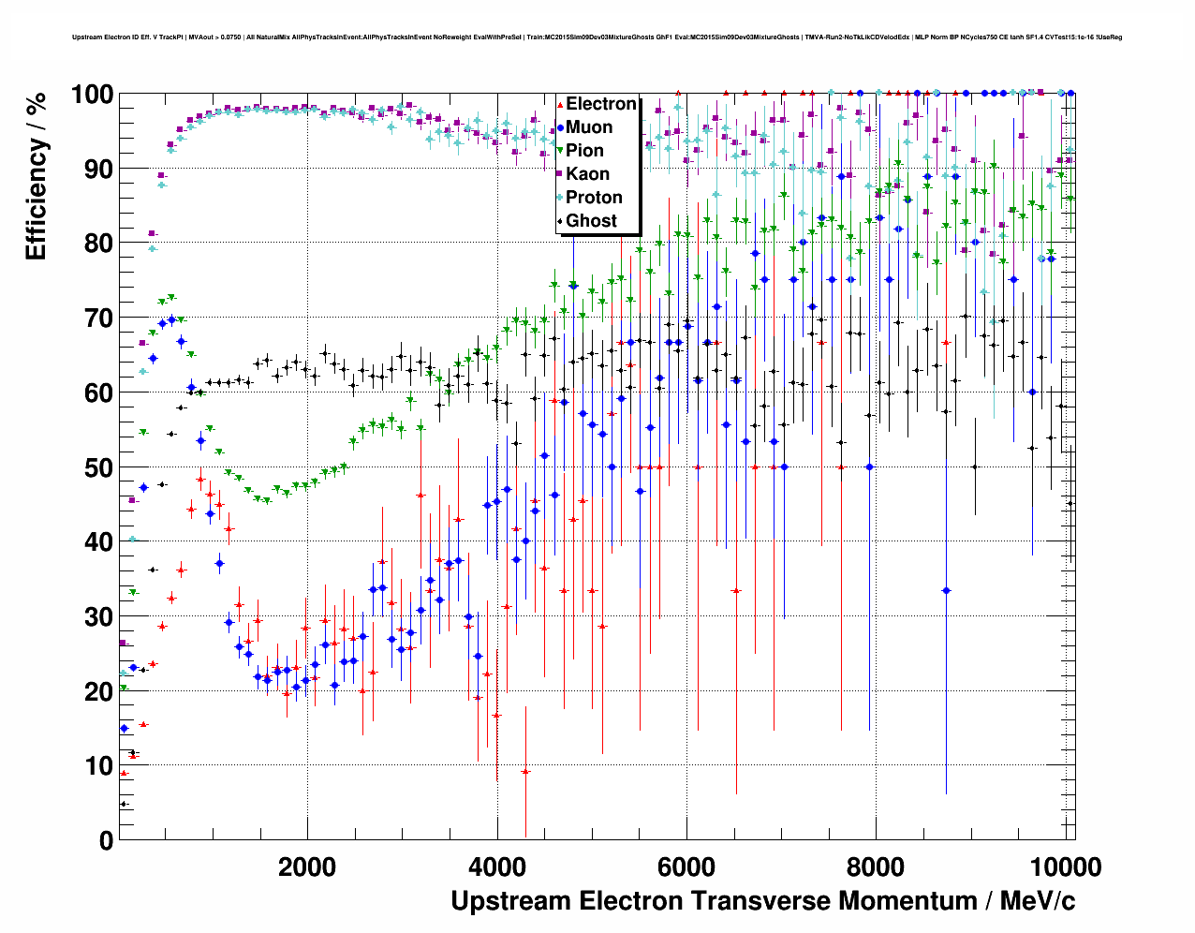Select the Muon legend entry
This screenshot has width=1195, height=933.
(589, 127)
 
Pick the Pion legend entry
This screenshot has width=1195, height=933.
(584, 151)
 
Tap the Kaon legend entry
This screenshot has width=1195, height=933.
(587, 174)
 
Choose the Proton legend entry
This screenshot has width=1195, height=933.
(594, 198)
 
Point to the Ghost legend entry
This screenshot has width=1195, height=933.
(591, 221)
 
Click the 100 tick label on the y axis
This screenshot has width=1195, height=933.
(92, 95)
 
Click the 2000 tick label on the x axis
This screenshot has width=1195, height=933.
(307, 867)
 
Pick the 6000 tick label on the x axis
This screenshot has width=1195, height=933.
(686, 867)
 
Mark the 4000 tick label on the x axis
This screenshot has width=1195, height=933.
(497, 867)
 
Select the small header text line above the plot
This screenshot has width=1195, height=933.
(597, 37)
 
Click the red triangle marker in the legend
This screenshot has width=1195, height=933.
(560, 104)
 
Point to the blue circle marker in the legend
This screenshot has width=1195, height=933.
(560, 127)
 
